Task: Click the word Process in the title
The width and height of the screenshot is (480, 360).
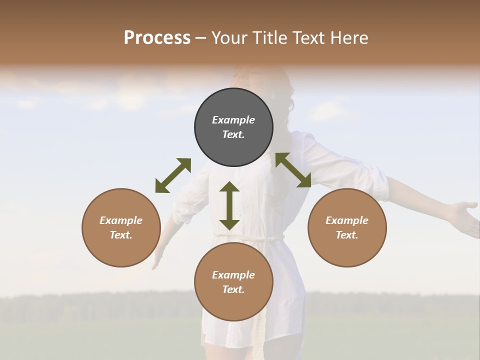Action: coord(157,38)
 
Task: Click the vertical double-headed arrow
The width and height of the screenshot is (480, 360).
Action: coord(229,205)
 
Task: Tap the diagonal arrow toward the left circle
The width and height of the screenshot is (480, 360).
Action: coord(173,175)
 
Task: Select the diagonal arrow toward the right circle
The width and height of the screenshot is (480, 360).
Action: coord(293,170)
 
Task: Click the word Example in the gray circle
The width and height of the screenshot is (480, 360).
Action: coord(233,120)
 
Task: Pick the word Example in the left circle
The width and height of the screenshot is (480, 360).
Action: coord(121,220)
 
